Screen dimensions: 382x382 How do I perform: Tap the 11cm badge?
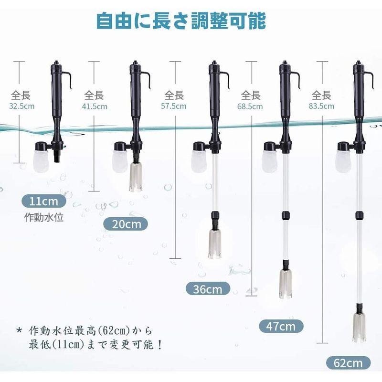click(43, 201)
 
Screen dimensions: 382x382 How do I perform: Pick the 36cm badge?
click(208, 288)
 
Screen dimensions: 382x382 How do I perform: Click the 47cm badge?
click(281, 327)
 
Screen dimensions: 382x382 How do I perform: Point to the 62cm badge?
click(349, 363)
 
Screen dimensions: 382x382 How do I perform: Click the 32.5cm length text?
click(22, 106)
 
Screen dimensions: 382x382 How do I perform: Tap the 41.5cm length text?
click(95, 106)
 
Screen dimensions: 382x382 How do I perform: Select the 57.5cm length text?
click(174, 106)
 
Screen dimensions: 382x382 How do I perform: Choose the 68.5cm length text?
click(250, 106)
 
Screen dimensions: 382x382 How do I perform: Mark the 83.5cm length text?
click(321, 106)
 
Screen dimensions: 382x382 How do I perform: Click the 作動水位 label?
click(44, 218)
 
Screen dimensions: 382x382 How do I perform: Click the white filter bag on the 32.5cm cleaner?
click(41, 160)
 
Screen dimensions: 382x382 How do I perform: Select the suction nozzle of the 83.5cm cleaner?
click(359, 327)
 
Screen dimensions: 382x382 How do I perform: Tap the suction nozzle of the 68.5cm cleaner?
click(286, 284)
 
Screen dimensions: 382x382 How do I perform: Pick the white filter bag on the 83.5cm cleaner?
click(343, 160)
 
